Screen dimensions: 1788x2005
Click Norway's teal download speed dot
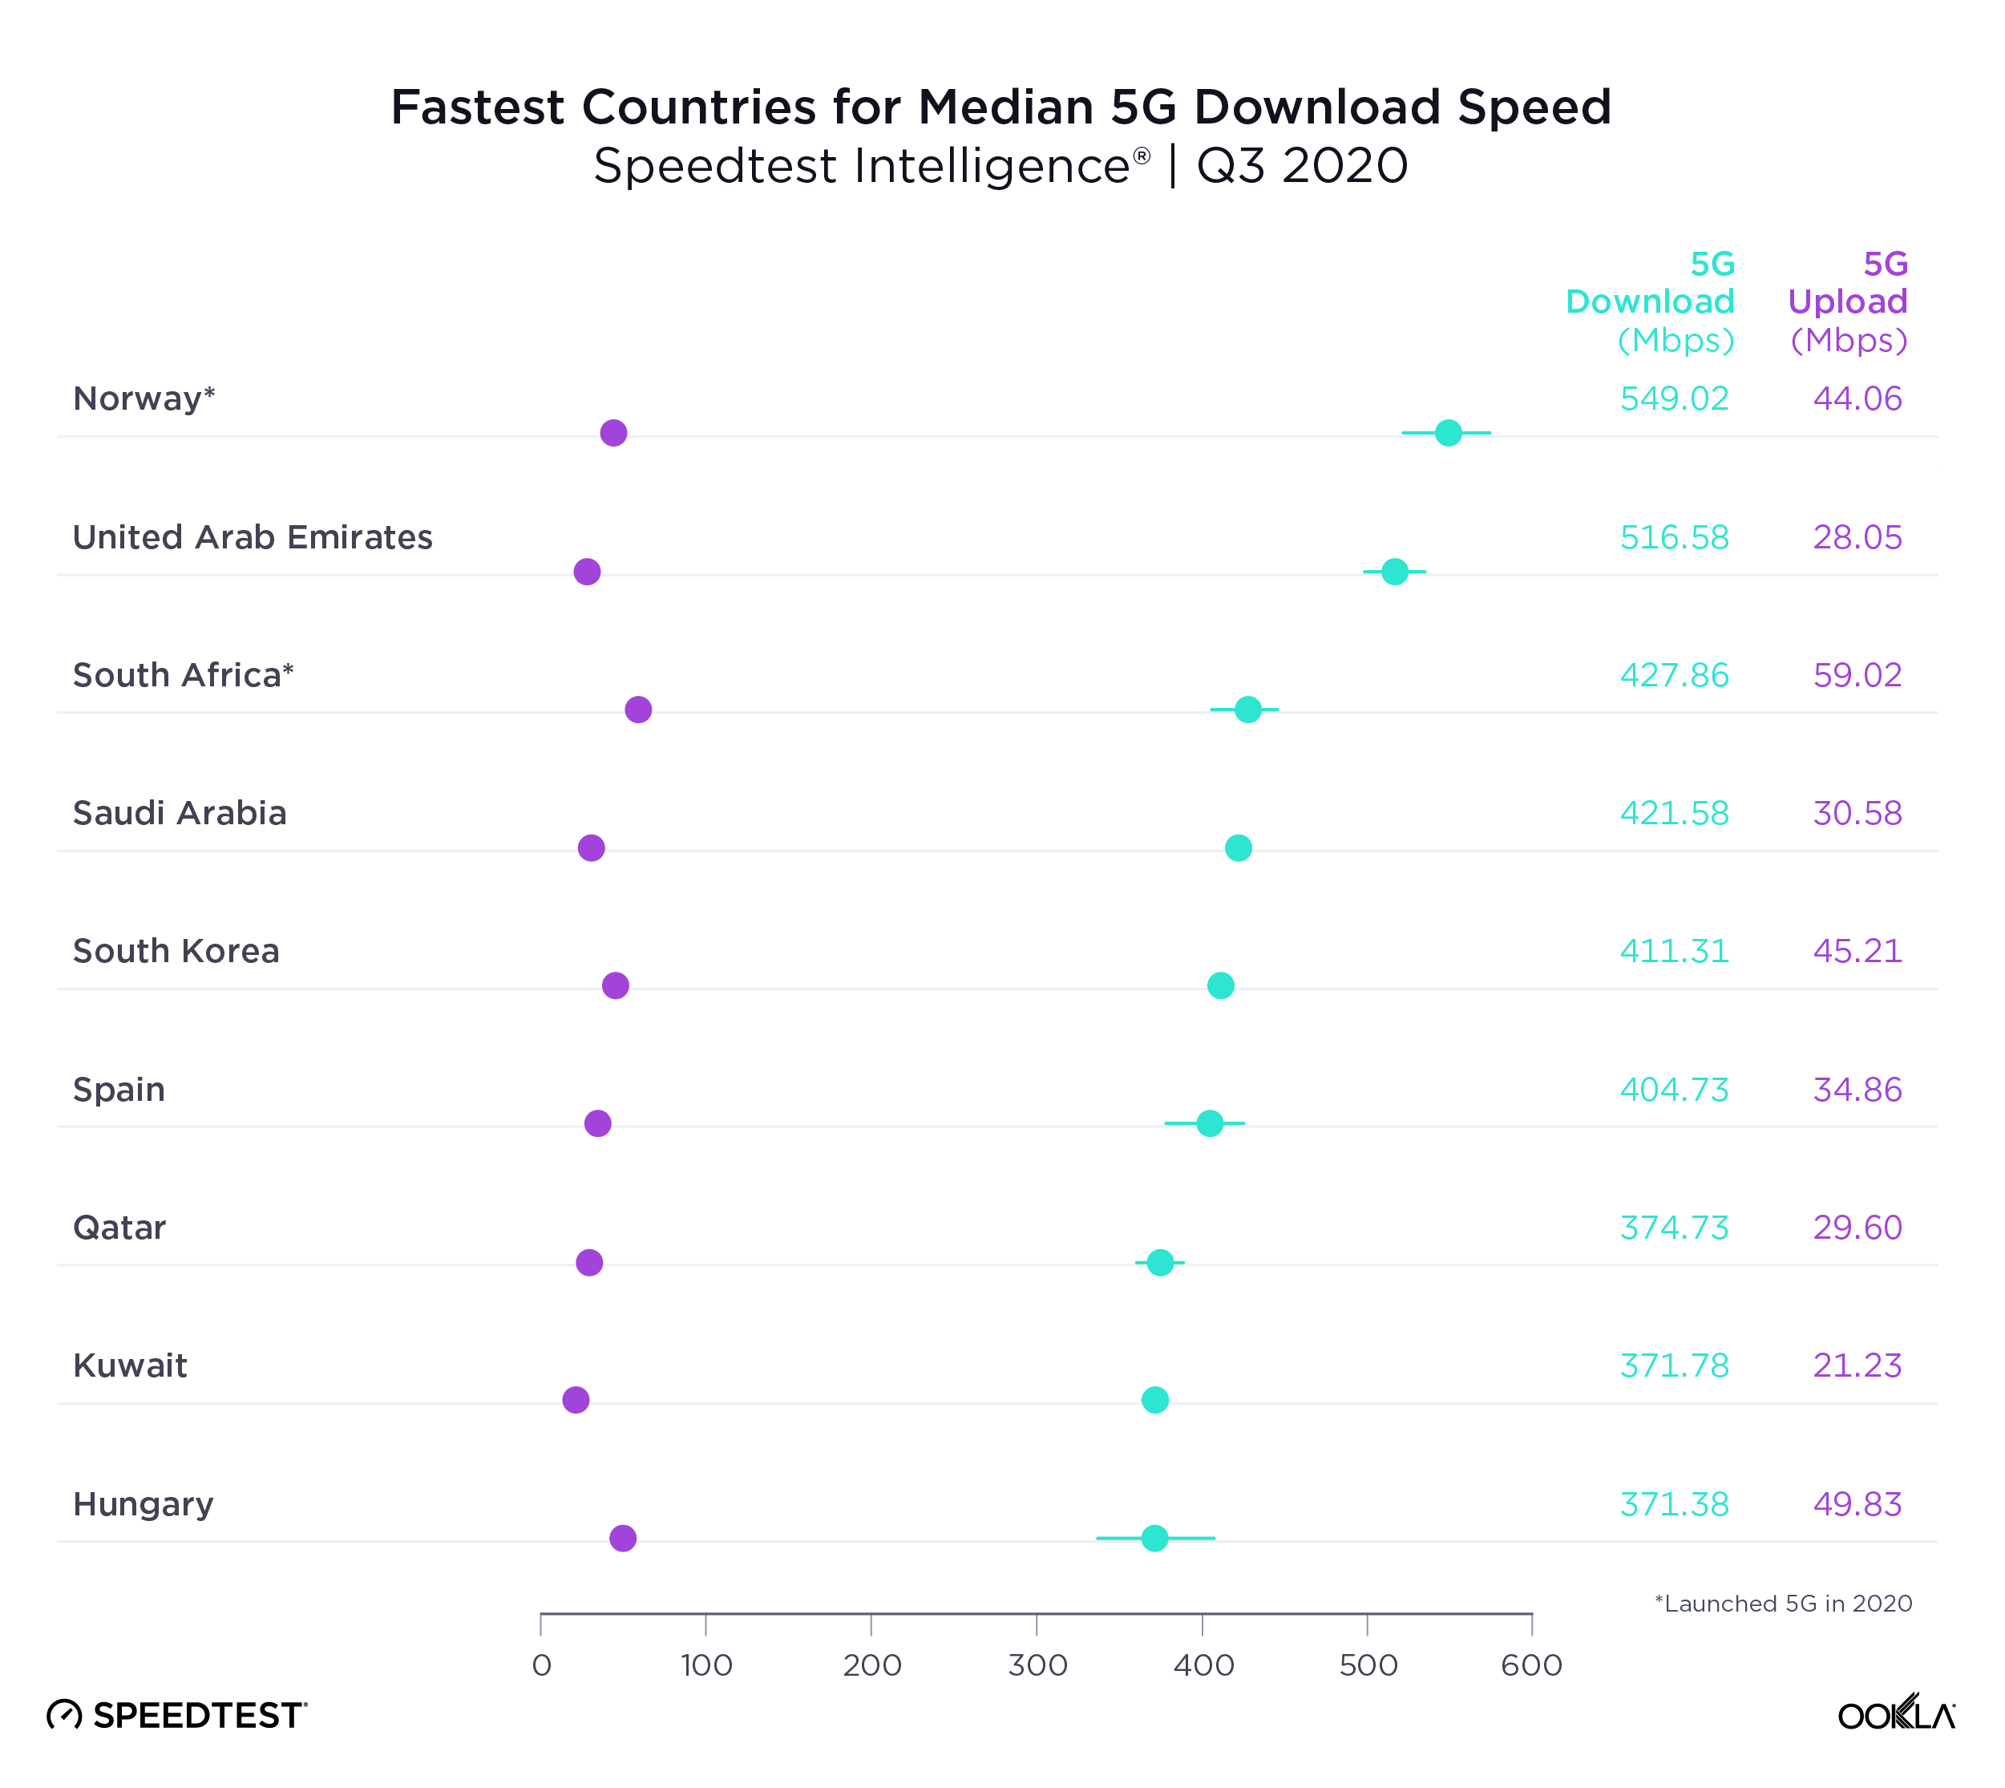[1447, 432]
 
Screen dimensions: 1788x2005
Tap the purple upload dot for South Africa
[637, 710]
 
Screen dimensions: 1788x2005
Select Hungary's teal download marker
[1154, 1538]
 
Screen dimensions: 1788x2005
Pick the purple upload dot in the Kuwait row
[576, 1400]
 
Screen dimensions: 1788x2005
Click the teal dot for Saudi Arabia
[1238, 847]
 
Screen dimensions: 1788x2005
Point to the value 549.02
[1673, 398]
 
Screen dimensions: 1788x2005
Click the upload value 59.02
[1857, 676]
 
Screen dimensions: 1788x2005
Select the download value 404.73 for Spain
[1673, 1090]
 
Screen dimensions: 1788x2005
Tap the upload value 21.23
[1857, 1365]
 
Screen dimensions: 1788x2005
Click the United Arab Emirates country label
[253, 537]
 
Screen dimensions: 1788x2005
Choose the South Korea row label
[176, 951]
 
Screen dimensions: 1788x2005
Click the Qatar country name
[119, 1228]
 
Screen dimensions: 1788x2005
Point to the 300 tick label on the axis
[1037, 1665]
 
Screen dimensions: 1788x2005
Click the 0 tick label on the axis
[541, 1665]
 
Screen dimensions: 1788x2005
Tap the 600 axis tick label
[1530, 1665]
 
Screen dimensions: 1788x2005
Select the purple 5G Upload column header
[1847, 301]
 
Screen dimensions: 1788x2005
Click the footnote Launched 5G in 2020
[1782, 1604]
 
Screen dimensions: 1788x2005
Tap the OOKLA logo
[1895, 1714]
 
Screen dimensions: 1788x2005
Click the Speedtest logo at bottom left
[177, 1715]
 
